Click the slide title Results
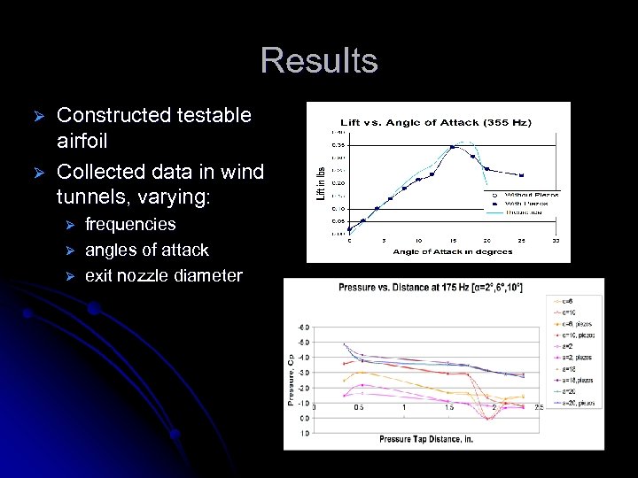pos(319,61)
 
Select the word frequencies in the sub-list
pos(130,225)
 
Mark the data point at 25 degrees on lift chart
pos(521,175)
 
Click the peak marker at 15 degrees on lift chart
pos(452,147)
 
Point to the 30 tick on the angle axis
pos(556,240)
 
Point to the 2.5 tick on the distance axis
pos(538,408)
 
